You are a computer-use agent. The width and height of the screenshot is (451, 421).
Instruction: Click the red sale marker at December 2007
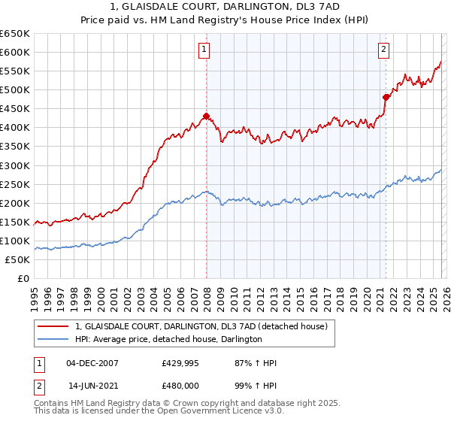(x=205, y=116)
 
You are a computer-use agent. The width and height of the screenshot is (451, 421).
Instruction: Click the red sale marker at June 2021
(x=386, y=97)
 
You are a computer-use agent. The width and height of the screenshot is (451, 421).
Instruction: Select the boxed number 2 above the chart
(x=383, y=50)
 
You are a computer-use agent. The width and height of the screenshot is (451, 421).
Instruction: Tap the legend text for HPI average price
(x=168, y=340)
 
